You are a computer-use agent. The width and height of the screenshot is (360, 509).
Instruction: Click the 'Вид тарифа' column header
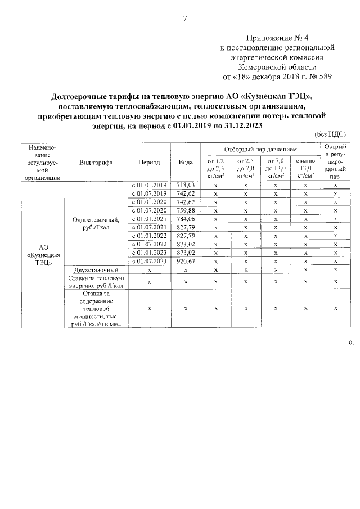[96, 162]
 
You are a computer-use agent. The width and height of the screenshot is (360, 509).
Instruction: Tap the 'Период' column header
[149, 162]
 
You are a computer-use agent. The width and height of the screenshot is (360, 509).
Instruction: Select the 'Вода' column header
[186, 162]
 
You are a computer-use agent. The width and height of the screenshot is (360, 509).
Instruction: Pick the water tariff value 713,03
[186, 185]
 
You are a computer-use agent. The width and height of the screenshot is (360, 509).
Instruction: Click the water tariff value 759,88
[186, 210]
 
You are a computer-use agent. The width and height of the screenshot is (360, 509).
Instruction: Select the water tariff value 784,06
[186, 219]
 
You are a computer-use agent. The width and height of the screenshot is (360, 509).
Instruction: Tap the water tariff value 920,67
[186, 261]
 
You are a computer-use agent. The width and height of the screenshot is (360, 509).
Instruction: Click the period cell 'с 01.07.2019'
[149, 193]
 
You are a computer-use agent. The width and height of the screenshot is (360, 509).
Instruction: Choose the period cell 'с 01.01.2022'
[149, 236]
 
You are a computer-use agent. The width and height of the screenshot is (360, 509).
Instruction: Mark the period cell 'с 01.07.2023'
[149, 261]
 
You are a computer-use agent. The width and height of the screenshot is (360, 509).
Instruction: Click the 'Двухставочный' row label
[96, 270]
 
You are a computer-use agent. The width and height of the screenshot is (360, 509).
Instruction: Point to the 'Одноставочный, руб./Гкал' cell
[96, 223]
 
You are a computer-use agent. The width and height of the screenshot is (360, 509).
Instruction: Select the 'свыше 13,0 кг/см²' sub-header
[305, 168]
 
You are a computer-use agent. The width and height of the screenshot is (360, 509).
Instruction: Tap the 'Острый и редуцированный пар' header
[335, 162]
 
